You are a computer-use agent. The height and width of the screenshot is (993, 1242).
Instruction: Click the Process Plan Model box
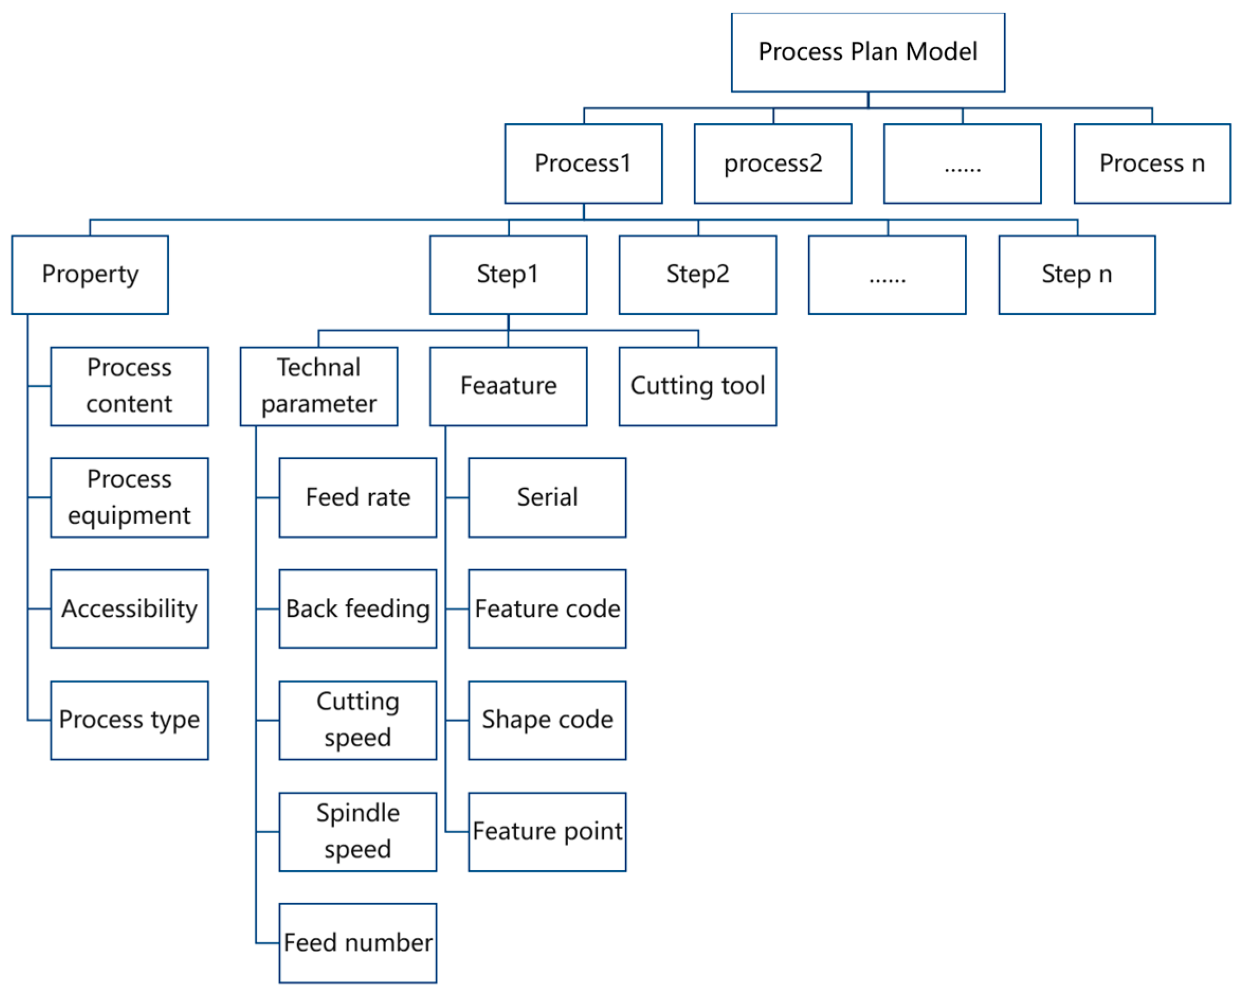coord(867,52)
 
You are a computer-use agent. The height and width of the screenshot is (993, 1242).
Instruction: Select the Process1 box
coord(583,163)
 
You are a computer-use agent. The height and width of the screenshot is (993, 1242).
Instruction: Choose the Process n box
coord(1152,163)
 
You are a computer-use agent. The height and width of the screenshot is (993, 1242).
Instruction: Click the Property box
coord(90,275)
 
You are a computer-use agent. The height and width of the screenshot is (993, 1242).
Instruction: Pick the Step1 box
coord(508,275)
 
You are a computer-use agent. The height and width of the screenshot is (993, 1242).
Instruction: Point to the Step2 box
coord(698,275)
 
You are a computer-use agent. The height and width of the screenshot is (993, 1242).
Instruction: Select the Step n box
coord(1076,275)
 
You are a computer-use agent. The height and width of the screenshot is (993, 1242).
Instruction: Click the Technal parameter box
coord(318,386)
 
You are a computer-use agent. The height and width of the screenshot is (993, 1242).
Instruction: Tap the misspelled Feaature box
coord(508,386)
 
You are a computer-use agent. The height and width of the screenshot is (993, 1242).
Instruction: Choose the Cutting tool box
coord(698,386)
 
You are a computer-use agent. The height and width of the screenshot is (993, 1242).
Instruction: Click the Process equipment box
coord(129,498)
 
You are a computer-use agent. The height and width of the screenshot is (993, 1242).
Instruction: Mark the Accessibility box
coord(129,609)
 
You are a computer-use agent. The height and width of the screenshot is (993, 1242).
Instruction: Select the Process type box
coord(129,720)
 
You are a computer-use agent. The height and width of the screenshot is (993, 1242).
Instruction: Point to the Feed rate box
coord(358,498)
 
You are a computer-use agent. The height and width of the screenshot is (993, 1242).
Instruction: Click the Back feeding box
coord(358,609)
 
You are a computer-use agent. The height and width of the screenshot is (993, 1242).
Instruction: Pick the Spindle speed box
coord(358,832)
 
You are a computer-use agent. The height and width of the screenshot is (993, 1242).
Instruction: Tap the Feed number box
coord(358,943)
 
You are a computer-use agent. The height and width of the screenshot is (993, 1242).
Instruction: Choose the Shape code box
coord(547,720)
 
